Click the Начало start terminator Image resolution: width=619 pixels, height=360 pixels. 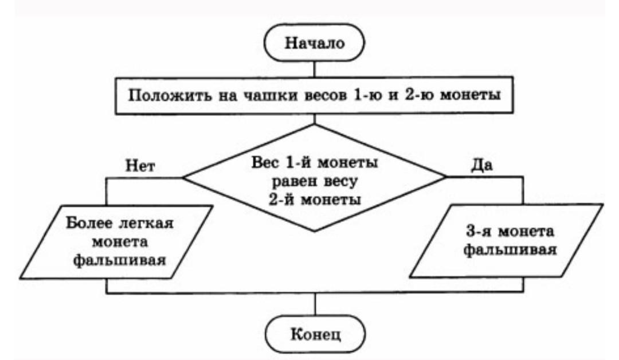314,42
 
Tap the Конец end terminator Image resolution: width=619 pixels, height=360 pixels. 315,334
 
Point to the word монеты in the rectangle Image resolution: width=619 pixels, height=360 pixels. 470,95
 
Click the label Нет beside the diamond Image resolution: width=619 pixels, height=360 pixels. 140,166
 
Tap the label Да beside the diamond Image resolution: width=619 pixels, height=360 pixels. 482,165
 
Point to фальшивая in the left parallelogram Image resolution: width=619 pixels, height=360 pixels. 120,260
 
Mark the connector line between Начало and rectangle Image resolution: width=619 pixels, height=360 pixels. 314,69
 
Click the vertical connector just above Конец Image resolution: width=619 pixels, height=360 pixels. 315,304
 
